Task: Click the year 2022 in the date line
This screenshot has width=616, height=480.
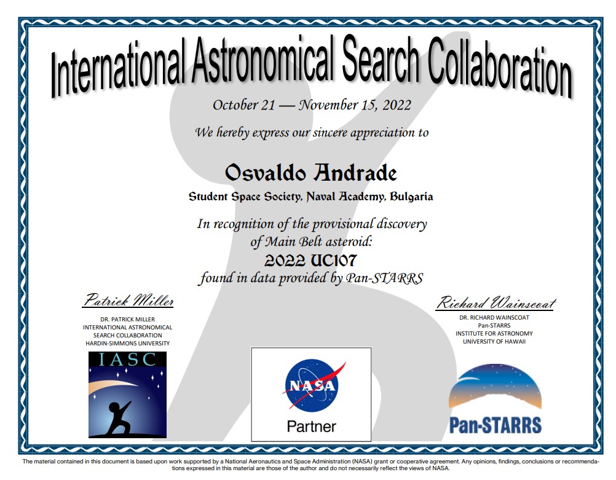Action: pyautogui.click(x=397, y=105)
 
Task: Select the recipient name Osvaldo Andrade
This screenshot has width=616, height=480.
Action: pyautogui.click(x=310, y=173)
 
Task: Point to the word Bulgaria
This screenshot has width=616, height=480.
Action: pyautogui.click(x=411, y=197)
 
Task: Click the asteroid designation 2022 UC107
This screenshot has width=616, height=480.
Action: pyautogui.click(x=310, y=260)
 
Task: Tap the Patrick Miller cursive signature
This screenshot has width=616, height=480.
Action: pyautogui.click(x=128, y=301)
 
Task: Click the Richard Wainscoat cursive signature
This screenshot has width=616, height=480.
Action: pyautogui.click(x=496, y=303)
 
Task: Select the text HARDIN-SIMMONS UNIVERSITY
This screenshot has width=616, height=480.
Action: pyautogui.click(x=128, y=344)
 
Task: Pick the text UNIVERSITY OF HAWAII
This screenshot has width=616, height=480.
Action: pyautogui.click(x=494, y=341)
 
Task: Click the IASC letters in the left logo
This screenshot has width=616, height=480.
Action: pyautogui.click(x=127, y=360)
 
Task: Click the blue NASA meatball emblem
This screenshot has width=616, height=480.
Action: pyautogui.click(x=312, y=385)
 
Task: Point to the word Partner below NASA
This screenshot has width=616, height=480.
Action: pyautogui.click(x=312, y=427)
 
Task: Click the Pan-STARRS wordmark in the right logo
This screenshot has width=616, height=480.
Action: pyautogui.click(x=495, y=425)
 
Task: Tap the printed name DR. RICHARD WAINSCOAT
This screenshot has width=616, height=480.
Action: pyautogui.click(x=494, y=317)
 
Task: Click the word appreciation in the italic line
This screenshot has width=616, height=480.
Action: pyautogui.click(x=381, y=133)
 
